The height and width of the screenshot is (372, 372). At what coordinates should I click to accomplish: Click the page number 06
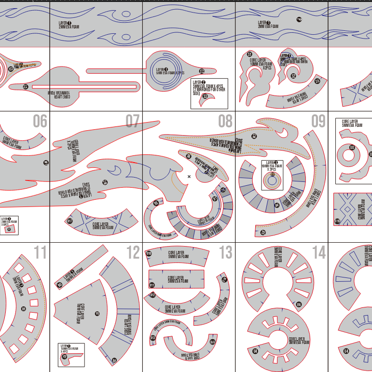(40, 122)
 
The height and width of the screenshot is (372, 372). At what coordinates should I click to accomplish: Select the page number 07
(132, 122)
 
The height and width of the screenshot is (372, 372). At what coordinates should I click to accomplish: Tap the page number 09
(318, 122)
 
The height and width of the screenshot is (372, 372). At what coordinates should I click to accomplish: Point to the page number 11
(40, 253)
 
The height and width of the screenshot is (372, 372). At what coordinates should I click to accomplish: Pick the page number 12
(132, 253)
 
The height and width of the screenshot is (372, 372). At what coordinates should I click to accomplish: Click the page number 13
(225, 253)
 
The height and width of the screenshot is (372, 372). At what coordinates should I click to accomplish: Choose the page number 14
(318, 253)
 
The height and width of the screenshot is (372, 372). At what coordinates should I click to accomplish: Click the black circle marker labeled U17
(70, 221)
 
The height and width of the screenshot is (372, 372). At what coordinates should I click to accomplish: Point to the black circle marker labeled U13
(153, 338)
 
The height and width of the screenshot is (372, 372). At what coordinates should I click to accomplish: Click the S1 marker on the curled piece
(249, 55)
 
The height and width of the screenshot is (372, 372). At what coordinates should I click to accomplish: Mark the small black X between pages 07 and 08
(189, 177)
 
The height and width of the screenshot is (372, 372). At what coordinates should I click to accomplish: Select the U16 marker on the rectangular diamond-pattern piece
(337, 221)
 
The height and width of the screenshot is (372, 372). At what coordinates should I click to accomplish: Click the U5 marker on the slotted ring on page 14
(299, 304)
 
